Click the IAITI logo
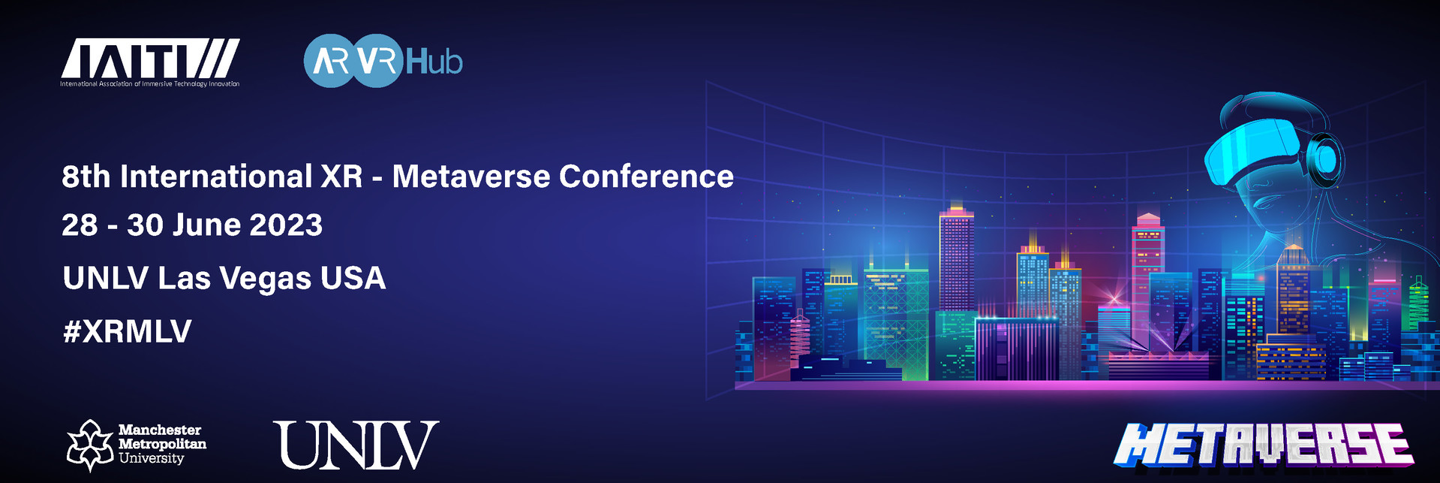150,62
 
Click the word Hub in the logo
434,62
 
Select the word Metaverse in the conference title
471,177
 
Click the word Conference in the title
646,177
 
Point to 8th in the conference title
86,177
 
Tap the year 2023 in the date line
286,225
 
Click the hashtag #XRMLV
128,331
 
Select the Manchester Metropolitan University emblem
90,445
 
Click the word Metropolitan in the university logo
162,444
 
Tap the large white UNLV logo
356,445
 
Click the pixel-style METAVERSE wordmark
1263,445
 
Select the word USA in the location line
353,279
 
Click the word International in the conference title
216,177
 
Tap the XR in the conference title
341,177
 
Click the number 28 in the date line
80,225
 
